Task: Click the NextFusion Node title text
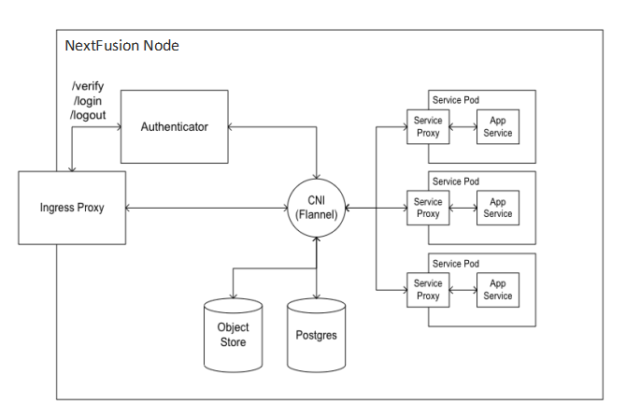pyautogui.click(x=121, y=46)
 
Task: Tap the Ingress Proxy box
pyautogui.click(x=72, y=208)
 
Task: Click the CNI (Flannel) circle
pyautogui.click(x=318, y=208)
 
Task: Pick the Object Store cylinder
pyautogui.click(x=232, y=334)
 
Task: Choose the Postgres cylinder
pyautogui.click(x=318, y=334)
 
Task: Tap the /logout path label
pyautogui.click(x=88, y=114)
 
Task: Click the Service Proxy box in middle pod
pyautogui.click(x=428, y=208)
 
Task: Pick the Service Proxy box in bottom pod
pyautogui.click(x=428, y=289)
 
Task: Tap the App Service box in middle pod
pyautogui.click(x=498, y=208)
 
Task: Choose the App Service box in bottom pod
pyautogui.click(x=498, y=289)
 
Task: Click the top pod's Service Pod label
pyautogui.click(x=455, y=99)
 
